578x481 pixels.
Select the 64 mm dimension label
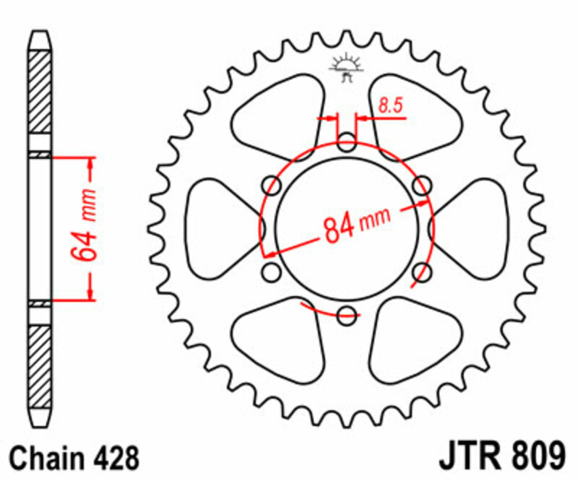(x=83, y=227)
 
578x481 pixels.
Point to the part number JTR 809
(x=501, y=457)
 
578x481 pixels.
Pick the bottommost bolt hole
(x=347, y=313)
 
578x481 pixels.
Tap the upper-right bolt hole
(x=421, y=186)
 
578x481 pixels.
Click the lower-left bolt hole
(x=272, y=272)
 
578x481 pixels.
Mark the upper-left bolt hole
(x=273, y=185)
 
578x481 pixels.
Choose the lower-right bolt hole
(x=422, y=272)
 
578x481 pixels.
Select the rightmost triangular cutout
(x=473, y=227)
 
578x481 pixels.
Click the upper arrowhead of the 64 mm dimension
(x=90, y=162)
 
